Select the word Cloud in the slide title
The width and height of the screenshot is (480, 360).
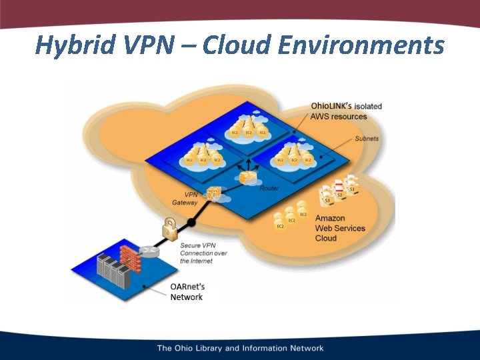[x=235, y=45]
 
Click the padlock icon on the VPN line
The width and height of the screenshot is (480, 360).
[x=169, y=228]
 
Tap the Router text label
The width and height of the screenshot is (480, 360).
[x=269, y=189]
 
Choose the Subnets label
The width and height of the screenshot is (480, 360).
[x=367, y=139]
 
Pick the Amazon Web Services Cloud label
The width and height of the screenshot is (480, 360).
[x=340, y=228]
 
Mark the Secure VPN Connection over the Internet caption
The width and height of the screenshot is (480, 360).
[x=204, y=253]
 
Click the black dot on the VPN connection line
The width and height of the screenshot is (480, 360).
[x=193, y=221]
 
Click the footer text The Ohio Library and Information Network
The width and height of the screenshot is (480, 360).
[x=240, y=348]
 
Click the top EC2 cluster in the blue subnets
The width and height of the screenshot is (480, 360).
[x=248, y=127]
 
